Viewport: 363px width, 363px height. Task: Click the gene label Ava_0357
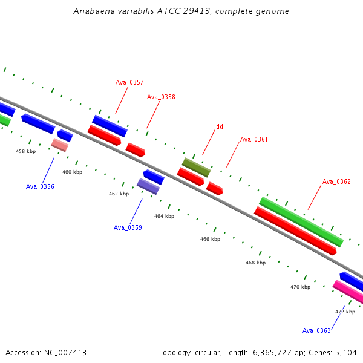coord(129,82)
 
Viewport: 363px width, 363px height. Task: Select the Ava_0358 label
coord(161,97)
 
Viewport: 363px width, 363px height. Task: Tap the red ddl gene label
coord(220,126)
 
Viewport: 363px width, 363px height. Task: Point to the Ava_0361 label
coord(254,139)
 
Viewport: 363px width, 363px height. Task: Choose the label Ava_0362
coord(336,181)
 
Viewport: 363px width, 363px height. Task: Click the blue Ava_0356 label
coord(40,186)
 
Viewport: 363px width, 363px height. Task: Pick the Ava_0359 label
coord(128,227)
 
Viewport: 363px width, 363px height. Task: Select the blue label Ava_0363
coord(316,330)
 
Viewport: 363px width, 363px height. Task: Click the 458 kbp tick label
coord(25,151)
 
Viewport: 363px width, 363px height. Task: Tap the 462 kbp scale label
coord(119,194)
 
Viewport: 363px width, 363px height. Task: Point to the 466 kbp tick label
coord(210,239)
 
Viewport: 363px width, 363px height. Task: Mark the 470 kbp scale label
coord(301,287)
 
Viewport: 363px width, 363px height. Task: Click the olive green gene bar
coord(196,168)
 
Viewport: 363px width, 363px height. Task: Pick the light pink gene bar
coord(60,145)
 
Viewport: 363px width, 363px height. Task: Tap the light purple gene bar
coord(148,186)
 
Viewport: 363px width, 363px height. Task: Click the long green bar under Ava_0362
coord(301,222)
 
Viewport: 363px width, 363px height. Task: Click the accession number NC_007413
coord(65,353)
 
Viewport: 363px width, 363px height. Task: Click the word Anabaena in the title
coord(94,11)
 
